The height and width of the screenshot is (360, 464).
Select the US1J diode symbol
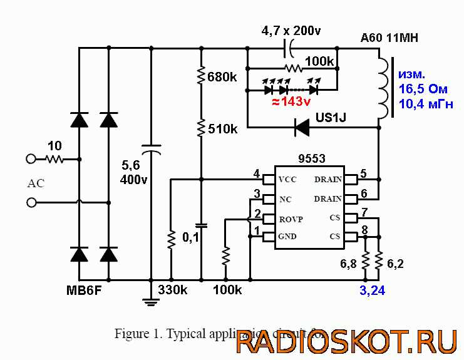coord(302,128)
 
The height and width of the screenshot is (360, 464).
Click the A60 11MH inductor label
coord(389,38)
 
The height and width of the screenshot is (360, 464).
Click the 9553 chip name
coord(311,159)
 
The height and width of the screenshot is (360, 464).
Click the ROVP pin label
coord(291,219)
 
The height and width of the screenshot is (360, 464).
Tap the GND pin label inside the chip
coord(287,237)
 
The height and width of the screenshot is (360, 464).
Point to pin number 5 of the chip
coord(364,173)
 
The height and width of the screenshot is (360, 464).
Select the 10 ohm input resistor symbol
coord(55,159)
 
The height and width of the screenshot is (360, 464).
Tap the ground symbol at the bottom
coord(150,302)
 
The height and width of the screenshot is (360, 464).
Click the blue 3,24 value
coord(373,291)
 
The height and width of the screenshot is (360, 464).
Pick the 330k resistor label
coord(172,291)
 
